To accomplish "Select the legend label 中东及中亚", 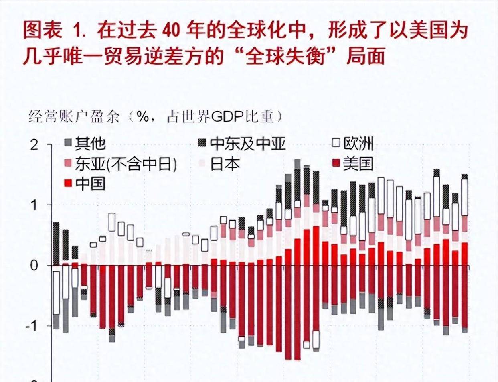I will click(248, 144).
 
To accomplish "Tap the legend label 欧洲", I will click(358, 144).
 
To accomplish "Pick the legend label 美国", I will click(358, 164).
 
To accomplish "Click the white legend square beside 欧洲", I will click(336, 143).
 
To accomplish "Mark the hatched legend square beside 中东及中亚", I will click(203, 143).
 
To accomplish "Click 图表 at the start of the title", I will click(43, 31).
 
